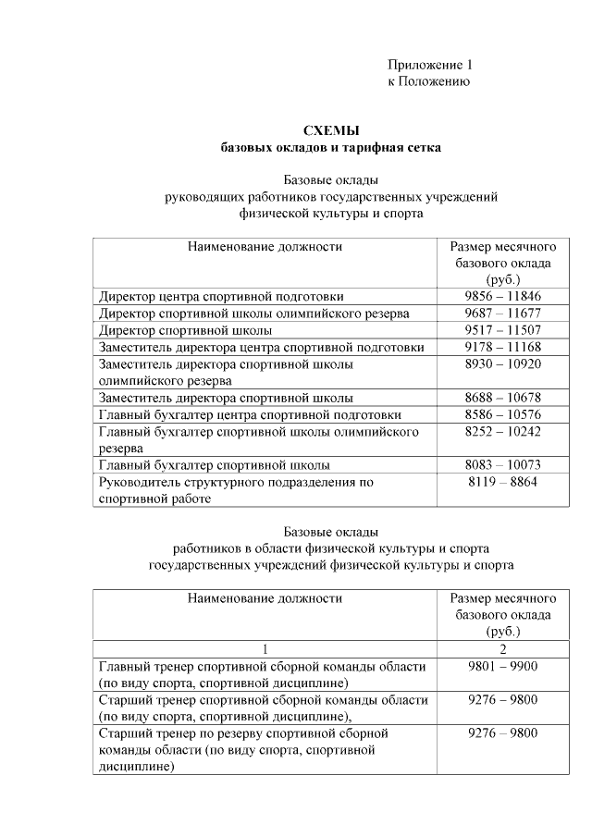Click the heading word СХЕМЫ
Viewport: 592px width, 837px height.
click(331, 130)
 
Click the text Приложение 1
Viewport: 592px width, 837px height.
click(429, 65)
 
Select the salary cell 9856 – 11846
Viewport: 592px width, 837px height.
click(502, 296)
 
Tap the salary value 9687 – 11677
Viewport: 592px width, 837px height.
click(502, 314)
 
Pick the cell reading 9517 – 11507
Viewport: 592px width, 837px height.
click(502, 330)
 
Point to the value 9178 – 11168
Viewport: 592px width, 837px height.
click(502, 347)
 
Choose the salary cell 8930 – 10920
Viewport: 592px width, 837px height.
click(502, 364)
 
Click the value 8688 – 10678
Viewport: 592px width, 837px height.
click(502, 398)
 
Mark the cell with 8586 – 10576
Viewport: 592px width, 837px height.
click(502, 414)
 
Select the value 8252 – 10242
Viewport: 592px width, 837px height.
click(502, 432)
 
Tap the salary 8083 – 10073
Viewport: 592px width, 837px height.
click(502, 465)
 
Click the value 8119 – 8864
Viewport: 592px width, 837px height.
click(502, 482)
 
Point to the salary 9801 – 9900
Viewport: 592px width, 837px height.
click(502, 666)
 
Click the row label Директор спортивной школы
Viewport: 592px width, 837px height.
click(185, 330)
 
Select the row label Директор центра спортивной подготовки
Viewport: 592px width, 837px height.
click(221, 296)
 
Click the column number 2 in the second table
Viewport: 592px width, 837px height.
click(502, 649)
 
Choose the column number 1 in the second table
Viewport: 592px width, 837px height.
click(265, 649)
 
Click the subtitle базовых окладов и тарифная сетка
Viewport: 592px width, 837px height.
click(331, 147)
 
